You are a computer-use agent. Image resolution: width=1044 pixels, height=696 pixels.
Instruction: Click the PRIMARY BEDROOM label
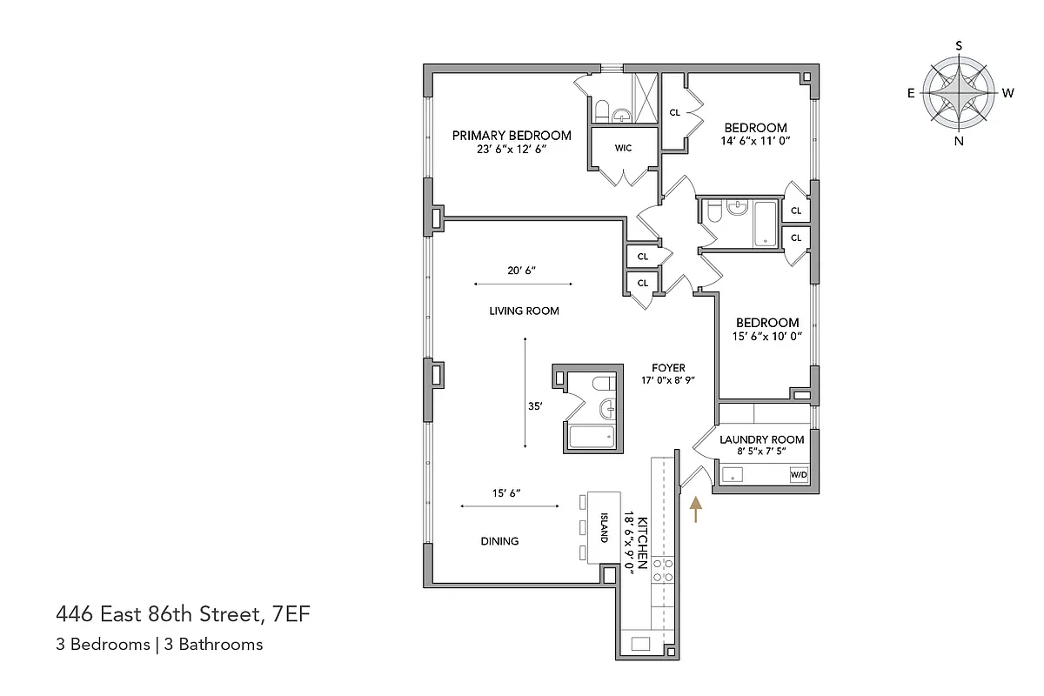[x=512, y=135]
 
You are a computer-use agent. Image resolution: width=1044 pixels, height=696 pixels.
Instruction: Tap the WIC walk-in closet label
[x=623, y=148]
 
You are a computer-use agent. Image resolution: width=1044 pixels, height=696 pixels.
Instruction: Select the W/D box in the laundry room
[x=798, y=475]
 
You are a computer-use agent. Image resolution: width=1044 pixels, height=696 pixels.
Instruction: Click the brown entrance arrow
[x=695, y=509]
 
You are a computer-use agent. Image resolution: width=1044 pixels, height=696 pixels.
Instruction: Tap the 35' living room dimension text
[x=535, y=405]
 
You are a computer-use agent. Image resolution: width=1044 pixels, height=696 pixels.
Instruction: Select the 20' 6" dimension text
[x=522, y=271]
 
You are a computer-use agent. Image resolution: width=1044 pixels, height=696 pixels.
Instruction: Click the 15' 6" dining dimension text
[x=508, y=493]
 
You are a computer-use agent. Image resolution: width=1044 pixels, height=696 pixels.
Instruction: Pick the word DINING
[x=499, y=541]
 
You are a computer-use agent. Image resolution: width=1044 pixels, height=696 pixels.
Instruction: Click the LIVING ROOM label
[x=524, y=311]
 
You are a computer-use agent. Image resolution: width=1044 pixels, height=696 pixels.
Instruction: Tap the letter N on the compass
[x=959, y=141]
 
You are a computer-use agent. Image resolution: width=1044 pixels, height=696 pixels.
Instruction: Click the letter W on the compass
[x=1007, y=93]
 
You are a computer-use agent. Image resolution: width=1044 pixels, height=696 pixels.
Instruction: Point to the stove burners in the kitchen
[x=663, y=570]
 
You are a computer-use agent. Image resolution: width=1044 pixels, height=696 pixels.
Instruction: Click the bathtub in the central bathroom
[x=591, y=437]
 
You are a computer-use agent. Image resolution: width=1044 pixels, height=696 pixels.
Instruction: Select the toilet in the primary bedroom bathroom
[x=600, y=110]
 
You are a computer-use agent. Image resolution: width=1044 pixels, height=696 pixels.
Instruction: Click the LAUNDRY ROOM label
[x=761, y=439]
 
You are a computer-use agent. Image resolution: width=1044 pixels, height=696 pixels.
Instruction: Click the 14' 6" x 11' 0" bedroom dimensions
[x=755, y=141]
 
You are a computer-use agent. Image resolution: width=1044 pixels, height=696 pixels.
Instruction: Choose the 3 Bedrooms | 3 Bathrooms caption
[x=158, y=645]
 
